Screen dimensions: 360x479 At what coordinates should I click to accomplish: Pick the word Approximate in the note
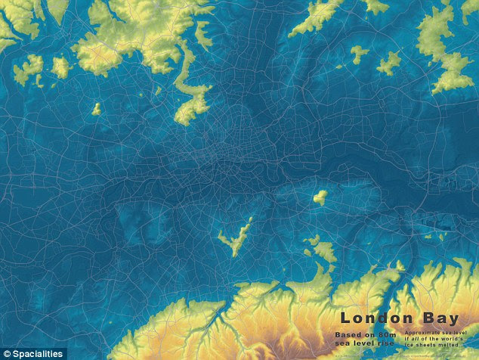pyautogui.click(x=420, y=331)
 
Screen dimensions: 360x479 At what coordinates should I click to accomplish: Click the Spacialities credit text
pyautogui.click(x=38, y=353)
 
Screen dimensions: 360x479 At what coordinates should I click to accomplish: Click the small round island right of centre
pyautogui.click(x=320, y=197)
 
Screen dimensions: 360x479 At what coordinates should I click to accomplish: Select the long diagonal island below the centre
pyautogui.click(x=236, y=237)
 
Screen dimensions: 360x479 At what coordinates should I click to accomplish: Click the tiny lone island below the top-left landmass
pyautogui.click(x=96, y=109)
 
